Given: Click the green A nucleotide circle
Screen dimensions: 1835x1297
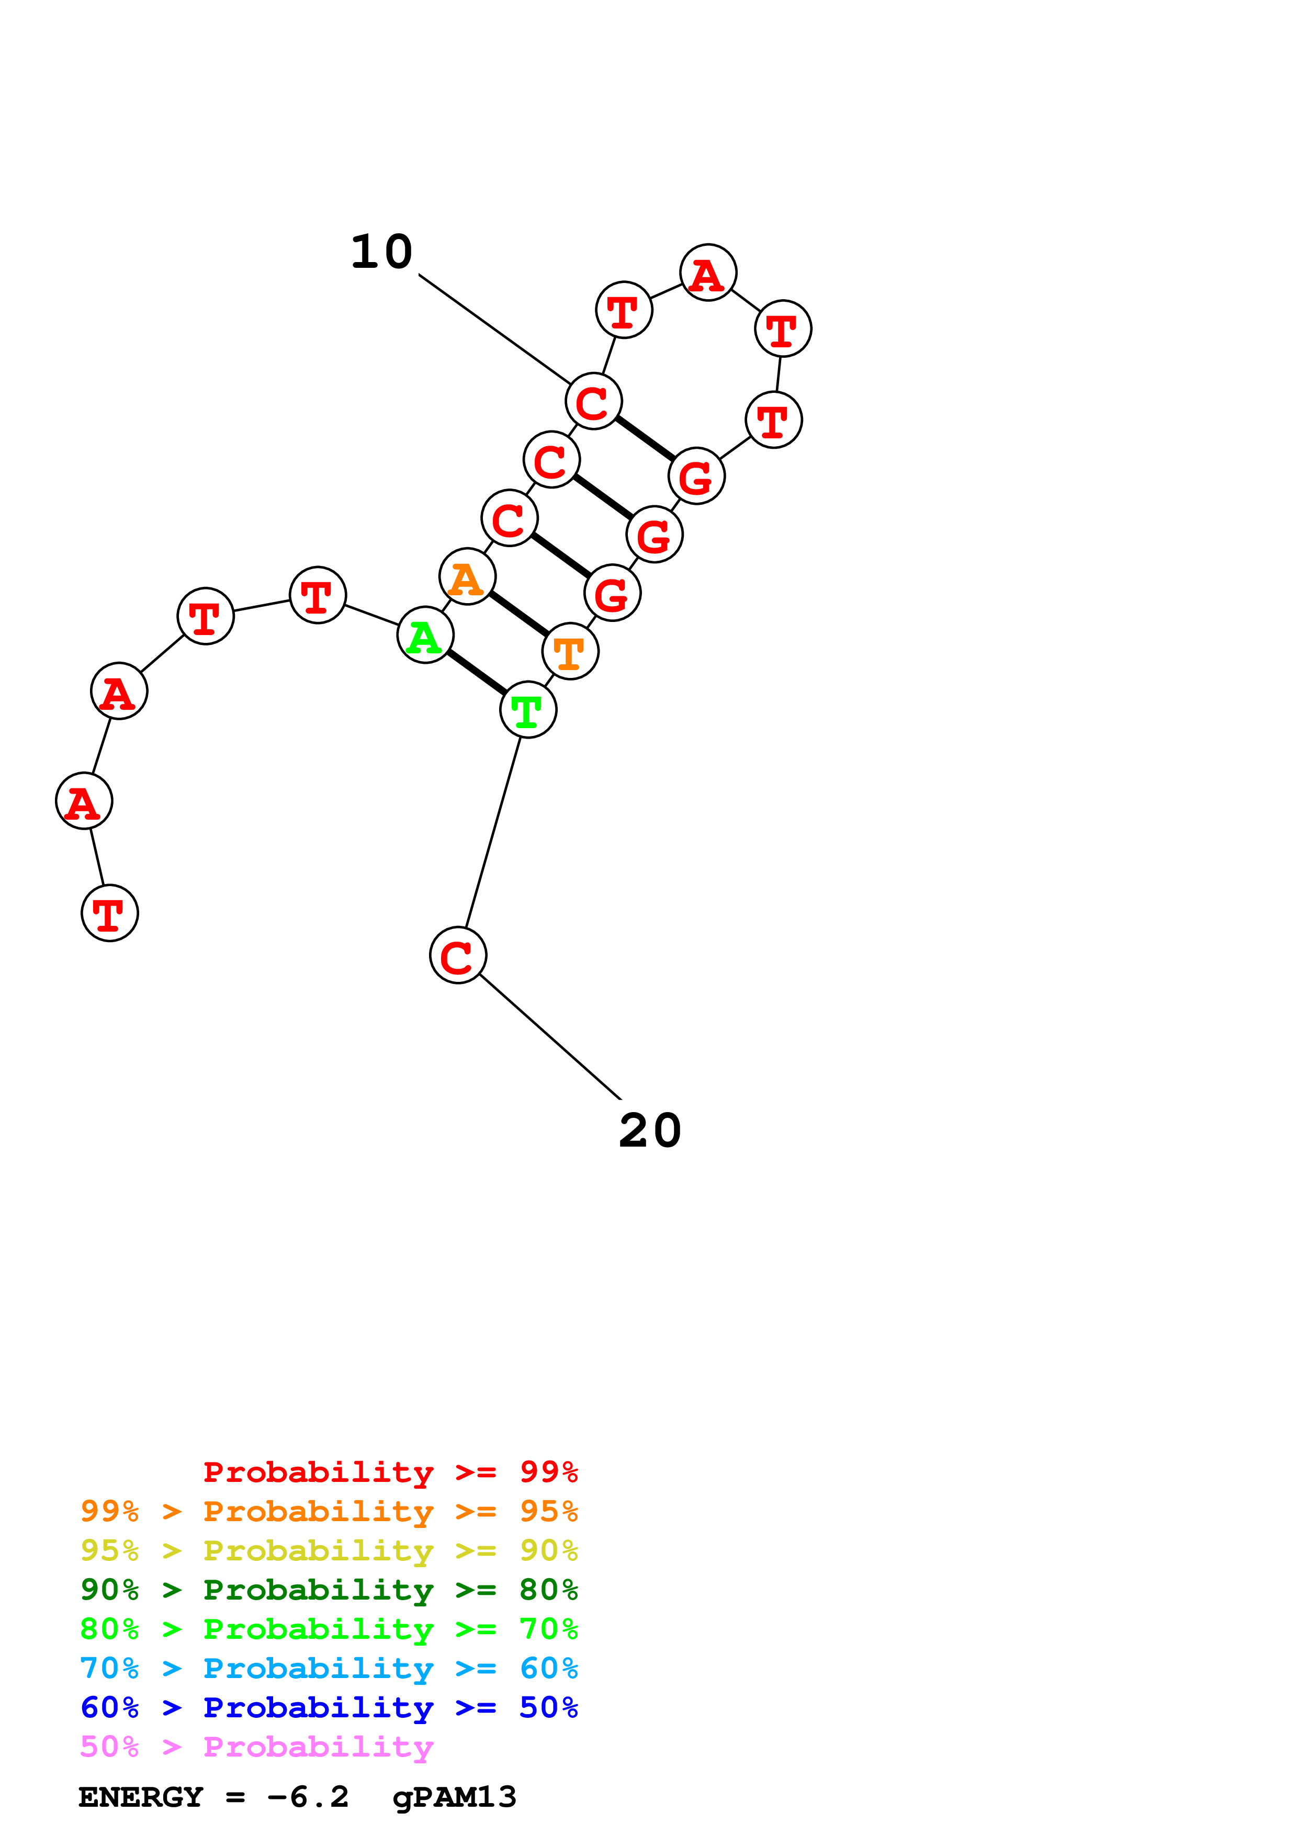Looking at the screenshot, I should pyautogui.click(x=425, y=636).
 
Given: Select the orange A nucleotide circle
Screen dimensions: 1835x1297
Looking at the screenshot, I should pyautogui.click(x=468, y=576).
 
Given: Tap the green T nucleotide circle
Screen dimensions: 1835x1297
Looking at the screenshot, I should pyautogui.click(x=528, y=710).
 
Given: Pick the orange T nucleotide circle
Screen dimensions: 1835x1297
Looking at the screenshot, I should pyautogui.click(x=570, y=651).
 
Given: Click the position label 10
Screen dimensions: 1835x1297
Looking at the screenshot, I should pyautogui.click(x=382, y=253).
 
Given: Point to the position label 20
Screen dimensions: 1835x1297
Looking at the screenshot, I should pyautogui.click(x=650, y=1131).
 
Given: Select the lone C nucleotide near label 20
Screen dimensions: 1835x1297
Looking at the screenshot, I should pyautogui.click(x=458, y=955).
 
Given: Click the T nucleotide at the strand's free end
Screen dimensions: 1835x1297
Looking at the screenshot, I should pyautogui.click(x=109, y=913).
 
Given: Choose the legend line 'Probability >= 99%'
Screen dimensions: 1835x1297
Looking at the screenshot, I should pyautogui.click(x=390, y=1472).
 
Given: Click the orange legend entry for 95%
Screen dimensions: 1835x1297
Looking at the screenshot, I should pyautogui.click(x=329, y=1511).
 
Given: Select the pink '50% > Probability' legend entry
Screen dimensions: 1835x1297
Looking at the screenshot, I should pyautogui.click(x=256, y=1746).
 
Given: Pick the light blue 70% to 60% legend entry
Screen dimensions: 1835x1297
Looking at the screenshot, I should pyautogui.click(x=329, y=1668).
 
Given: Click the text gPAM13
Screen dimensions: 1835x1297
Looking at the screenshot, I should pyautogui.click(x=454, y=1797).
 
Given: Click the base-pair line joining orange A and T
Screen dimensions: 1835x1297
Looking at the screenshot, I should pyautogui.click(x=518, y=614).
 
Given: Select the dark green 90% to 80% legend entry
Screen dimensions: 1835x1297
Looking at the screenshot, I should pyautogui.click(x=329, y=1590).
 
